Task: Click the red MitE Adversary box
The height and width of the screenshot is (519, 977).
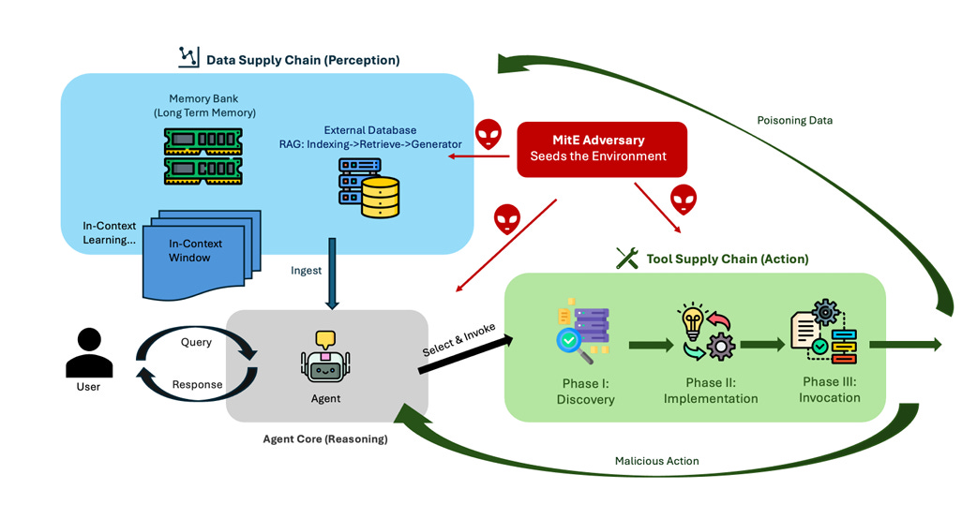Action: coord(601,149)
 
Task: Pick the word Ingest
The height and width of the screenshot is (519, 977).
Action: coord(307,270)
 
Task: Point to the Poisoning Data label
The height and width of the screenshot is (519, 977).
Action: coord(794,120)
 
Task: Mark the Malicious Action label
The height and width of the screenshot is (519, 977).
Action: coord(656,461)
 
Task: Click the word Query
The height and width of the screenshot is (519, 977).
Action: coord(196,342)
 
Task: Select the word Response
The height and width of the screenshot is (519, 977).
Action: coord(198,384)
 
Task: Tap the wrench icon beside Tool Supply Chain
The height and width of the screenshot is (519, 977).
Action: coord(626,259)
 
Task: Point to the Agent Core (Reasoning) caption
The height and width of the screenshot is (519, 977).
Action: coord(324,438)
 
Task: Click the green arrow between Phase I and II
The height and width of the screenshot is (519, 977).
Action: coord(651,347)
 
